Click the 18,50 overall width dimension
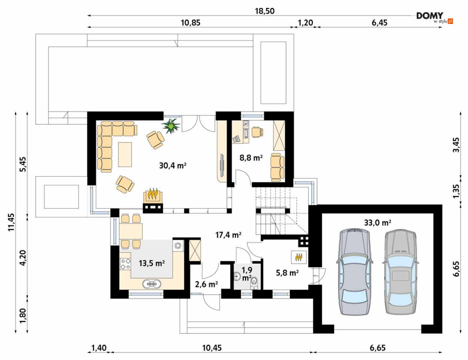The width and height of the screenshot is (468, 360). coord(264,11)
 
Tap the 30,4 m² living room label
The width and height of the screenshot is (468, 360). coord(173,165)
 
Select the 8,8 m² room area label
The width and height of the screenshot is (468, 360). coord(251,157)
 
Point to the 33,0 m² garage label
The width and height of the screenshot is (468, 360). coord(378,222)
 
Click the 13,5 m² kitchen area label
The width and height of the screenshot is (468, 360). coord(152,263)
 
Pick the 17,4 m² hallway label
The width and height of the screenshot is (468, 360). coord(228,235)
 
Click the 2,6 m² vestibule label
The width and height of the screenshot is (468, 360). coord(206,284)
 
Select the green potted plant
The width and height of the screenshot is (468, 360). coord(171,125)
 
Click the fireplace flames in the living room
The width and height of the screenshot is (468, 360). coord(153,194)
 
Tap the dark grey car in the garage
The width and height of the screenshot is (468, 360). coord(354,272)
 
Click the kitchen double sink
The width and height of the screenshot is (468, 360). coord(152,284)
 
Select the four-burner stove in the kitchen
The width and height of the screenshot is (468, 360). coord(126,263)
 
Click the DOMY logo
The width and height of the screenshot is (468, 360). coord(435,17)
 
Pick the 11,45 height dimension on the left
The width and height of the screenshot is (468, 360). coord(11,222)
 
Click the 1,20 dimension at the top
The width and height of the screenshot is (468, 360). coord(304,23)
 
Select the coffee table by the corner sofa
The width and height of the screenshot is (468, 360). coord(125,155)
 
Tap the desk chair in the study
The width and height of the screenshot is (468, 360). coord(258,132)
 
